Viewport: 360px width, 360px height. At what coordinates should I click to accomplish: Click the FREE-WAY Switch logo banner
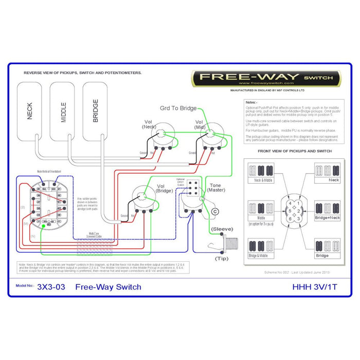(266, 78)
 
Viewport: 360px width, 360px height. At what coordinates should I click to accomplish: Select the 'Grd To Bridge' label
(178, 108)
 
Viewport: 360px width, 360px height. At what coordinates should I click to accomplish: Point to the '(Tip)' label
(222, 258)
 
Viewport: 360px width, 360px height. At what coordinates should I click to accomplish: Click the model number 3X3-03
(51, 287)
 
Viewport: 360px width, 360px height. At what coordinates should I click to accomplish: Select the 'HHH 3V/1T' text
(314, 287)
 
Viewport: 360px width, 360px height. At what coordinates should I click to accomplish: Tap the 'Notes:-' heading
(251, 102)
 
